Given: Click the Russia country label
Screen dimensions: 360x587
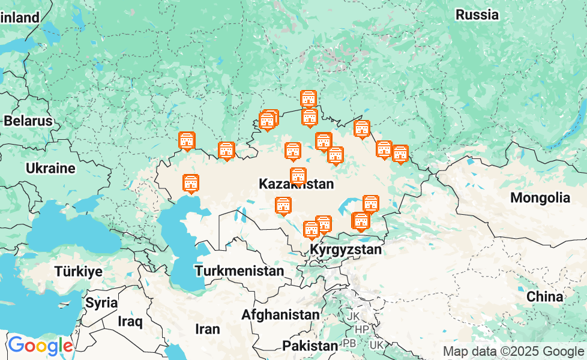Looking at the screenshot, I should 477,14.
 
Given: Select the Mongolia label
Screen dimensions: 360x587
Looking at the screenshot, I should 540,197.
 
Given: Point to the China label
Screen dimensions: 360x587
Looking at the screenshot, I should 544,296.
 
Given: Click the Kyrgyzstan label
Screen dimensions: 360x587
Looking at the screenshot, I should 346,250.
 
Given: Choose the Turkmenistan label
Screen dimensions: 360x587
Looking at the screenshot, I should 239,271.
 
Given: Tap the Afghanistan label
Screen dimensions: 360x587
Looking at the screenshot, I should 280,314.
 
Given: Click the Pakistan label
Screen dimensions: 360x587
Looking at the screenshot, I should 310,346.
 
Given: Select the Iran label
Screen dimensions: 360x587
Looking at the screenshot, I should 208,329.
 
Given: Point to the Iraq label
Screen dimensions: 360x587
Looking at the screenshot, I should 130,322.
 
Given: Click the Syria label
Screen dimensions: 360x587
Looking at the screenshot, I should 101,302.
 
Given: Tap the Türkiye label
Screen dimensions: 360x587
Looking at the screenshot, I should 78,271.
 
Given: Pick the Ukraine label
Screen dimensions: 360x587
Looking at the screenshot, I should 50,168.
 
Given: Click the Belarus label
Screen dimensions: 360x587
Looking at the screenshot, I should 28,121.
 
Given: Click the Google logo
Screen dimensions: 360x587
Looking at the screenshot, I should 40,346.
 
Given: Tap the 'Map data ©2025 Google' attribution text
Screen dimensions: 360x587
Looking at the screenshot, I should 513,351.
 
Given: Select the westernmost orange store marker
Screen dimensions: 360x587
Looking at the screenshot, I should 187,141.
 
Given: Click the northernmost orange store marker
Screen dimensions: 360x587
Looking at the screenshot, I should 308,99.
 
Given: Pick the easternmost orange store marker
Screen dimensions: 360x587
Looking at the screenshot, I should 400,154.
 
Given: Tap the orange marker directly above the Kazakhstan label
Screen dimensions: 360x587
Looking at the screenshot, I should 298,176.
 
